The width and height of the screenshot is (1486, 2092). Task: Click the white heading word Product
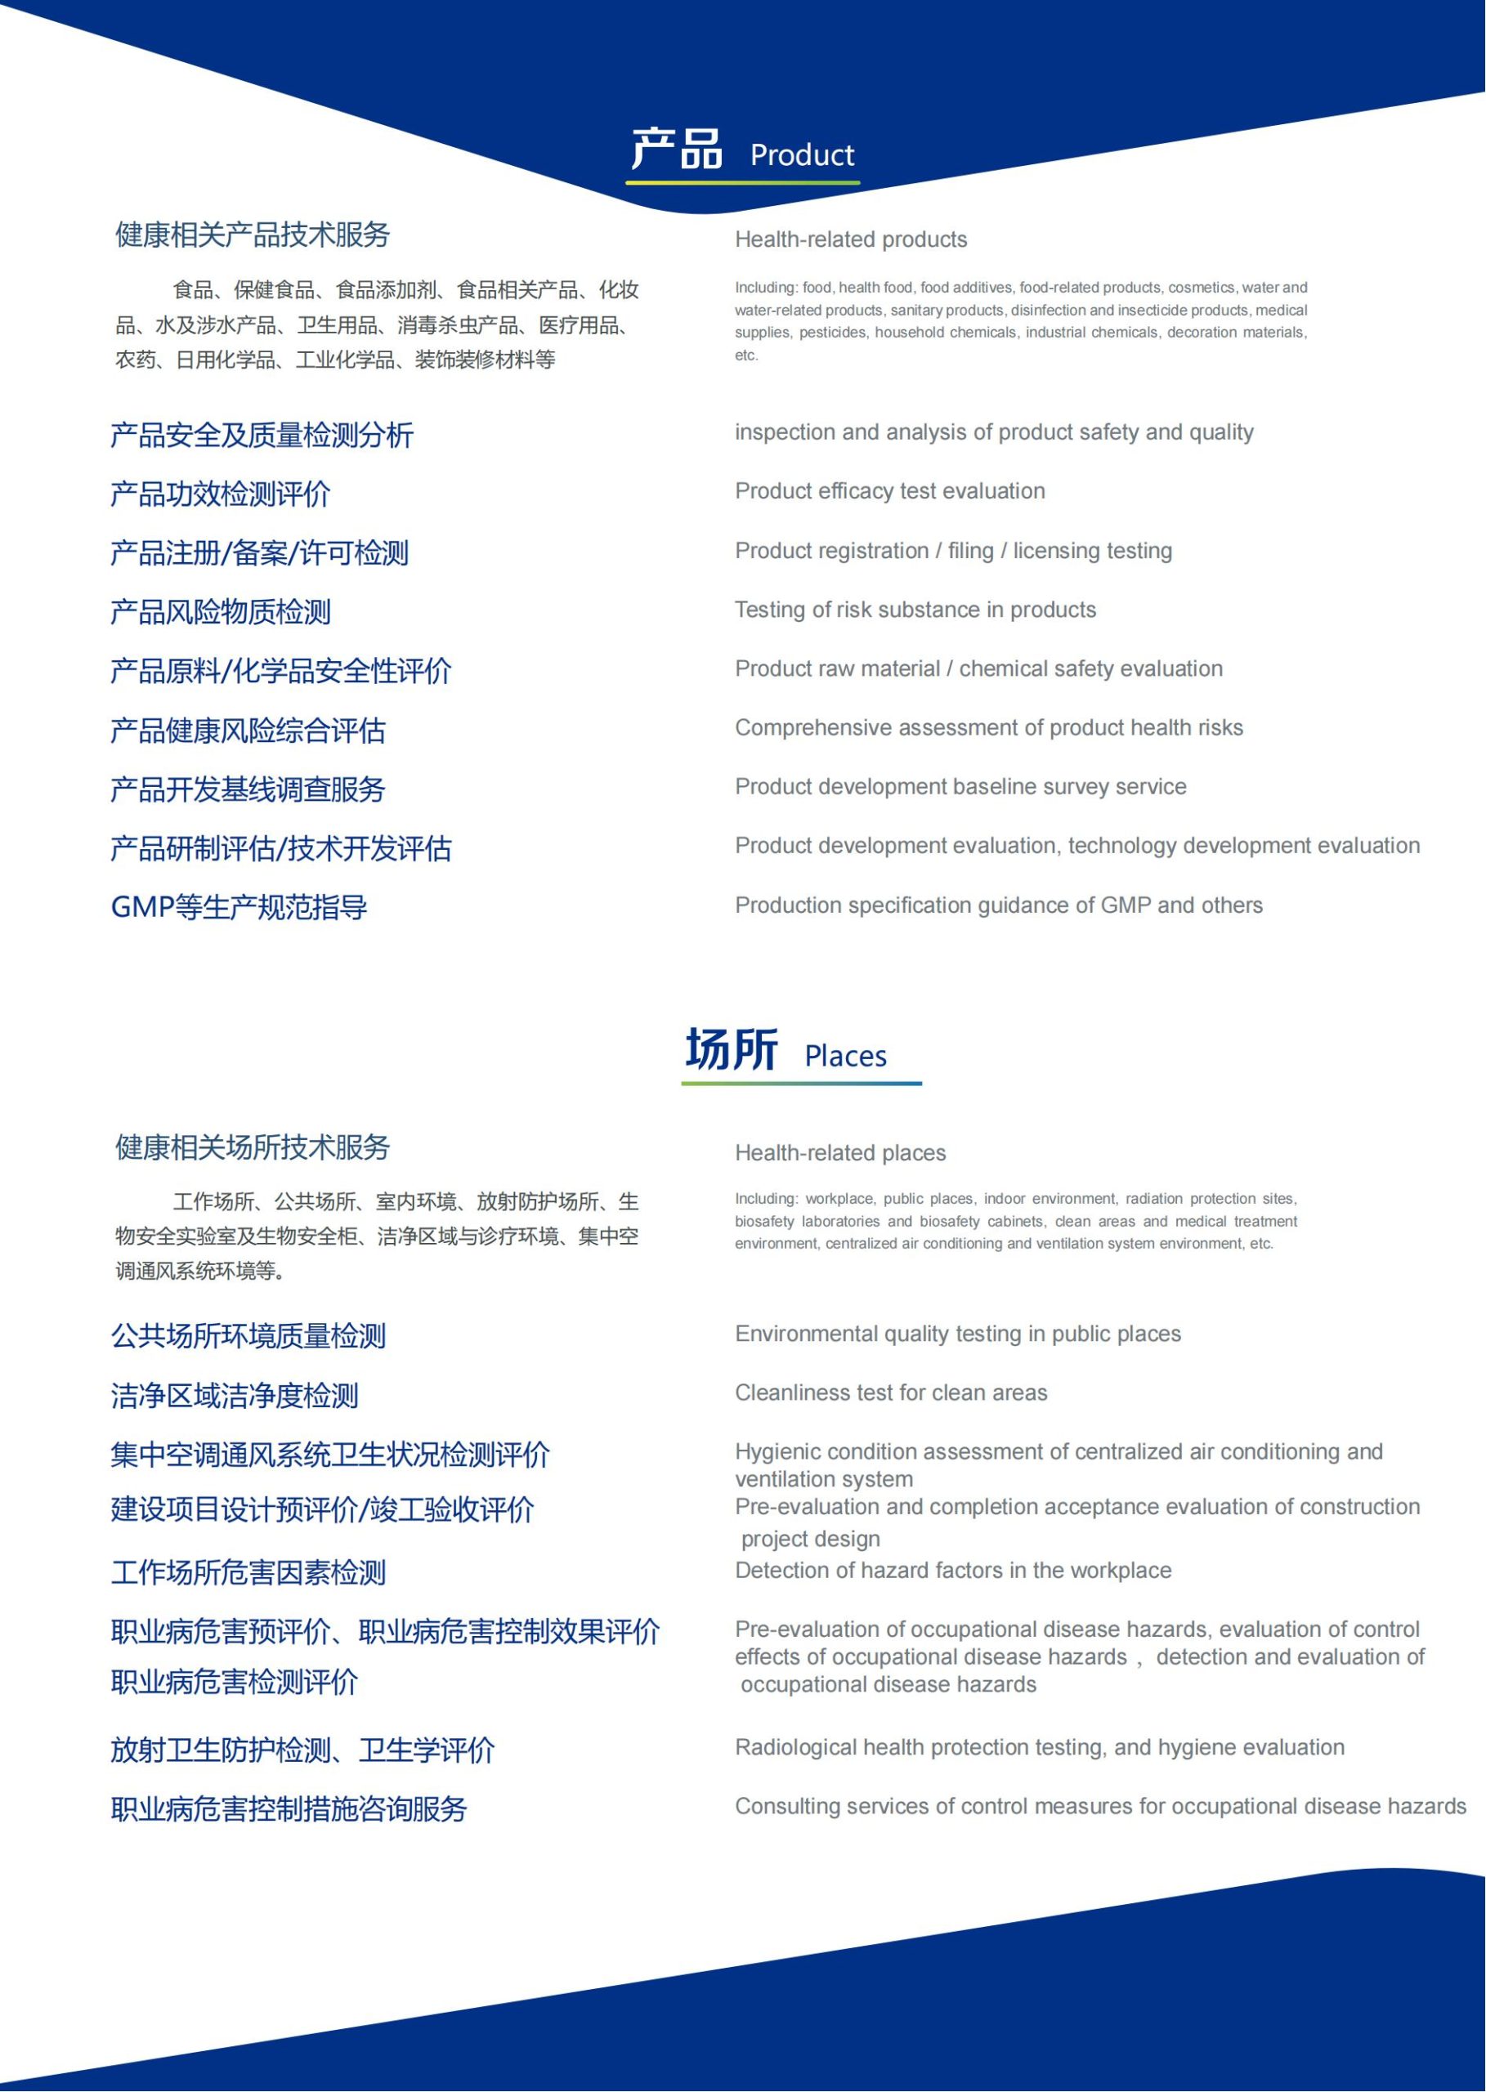pos(802,155)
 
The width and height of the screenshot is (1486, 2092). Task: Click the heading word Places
pos(844,1057)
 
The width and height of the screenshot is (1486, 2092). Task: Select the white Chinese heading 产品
pos(676,149)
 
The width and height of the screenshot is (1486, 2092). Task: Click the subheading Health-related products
pos(850,239)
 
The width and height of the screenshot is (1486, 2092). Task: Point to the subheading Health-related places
pos(840,1152)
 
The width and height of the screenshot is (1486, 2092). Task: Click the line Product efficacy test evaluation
pos(889,491)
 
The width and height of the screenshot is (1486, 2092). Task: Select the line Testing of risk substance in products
pos(915,610)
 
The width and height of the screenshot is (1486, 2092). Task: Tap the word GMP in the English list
pos(1125,905)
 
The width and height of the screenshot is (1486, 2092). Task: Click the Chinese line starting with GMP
pos(239,907)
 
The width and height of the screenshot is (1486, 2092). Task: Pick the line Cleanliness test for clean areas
pos(890,1393)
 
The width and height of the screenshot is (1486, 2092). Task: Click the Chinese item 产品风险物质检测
pos(221,612)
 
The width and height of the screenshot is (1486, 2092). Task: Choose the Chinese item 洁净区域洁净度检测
pos(235,1396)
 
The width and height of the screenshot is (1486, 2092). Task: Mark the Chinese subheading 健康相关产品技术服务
pos(253,235)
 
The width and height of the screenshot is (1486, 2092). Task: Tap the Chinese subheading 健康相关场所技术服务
pos(253,1148)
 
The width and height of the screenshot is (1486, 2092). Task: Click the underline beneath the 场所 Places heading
pos(801,1084)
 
